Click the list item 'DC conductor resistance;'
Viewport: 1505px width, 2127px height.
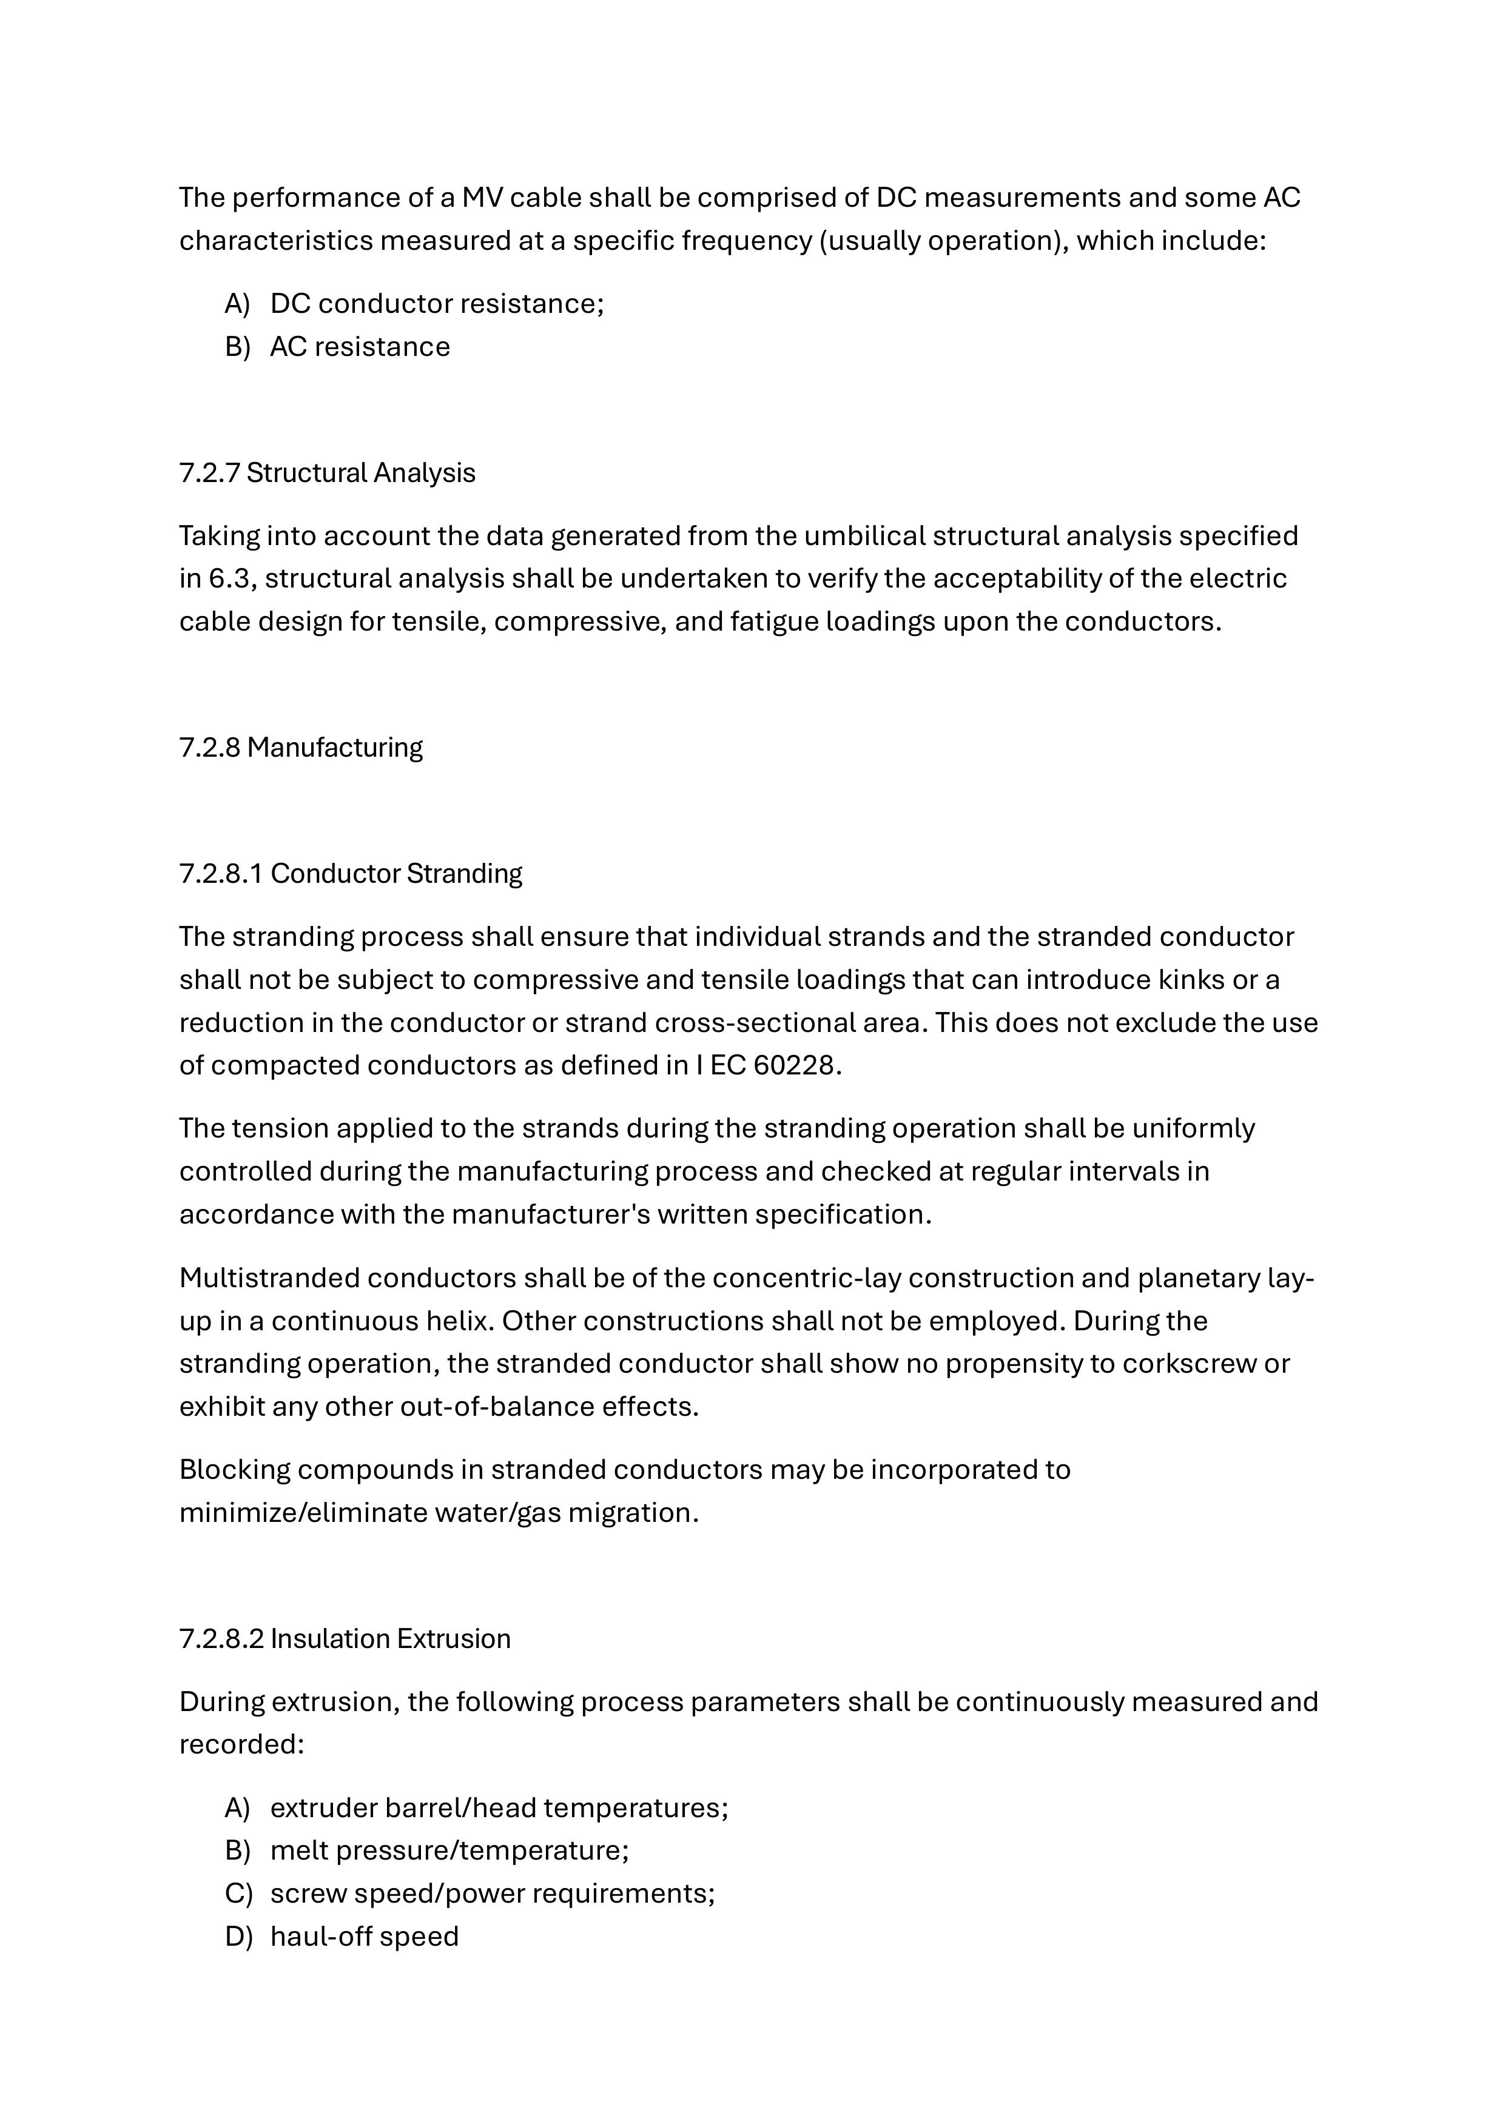click(x=437, y=303)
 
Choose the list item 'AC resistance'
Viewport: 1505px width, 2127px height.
click(x=360, y=346)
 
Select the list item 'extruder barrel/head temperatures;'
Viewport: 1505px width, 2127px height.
click(x=499, y=1807)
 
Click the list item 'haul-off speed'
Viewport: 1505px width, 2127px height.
click(x=364, y=1935)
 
